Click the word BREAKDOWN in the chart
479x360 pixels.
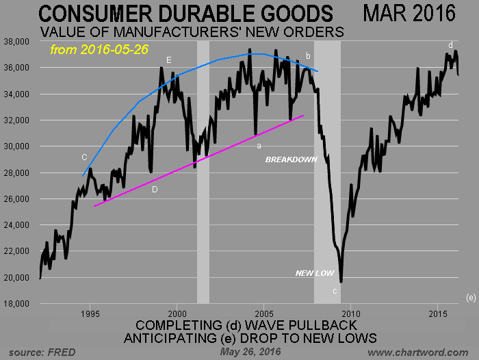292,159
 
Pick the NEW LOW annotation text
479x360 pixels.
315,273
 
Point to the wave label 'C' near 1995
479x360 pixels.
84,157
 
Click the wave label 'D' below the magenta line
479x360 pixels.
155,190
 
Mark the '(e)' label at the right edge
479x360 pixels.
470,297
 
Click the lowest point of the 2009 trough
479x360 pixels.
341,281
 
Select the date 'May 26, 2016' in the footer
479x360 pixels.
246,352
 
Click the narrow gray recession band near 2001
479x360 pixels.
203,171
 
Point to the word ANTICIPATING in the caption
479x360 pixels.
177,338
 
